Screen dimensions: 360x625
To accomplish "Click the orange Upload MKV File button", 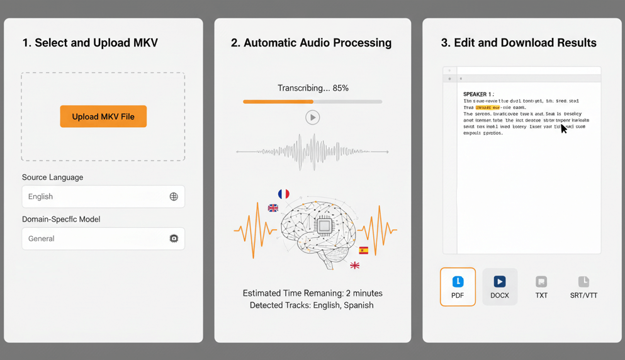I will (103, 116).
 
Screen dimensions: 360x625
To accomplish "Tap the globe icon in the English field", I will (174, 197).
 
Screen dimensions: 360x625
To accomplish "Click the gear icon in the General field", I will (174, 239).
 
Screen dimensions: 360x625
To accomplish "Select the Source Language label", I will (52, 177).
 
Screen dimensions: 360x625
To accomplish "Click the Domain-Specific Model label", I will (61, 219).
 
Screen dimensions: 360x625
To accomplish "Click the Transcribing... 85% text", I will (313, 88).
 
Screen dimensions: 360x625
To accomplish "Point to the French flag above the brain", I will (284, 194).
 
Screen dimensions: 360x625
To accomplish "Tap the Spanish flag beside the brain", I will (364, 250).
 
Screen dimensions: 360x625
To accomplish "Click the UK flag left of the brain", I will (273, 208).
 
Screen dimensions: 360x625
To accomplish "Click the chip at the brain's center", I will (324, 225).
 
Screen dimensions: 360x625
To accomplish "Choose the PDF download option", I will (458, 287).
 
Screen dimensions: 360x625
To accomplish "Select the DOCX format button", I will (500, 287).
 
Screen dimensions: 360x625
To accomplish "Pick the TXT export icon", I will (541, 287).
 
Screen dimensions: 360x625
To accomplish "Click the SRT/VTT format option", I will (583, 287).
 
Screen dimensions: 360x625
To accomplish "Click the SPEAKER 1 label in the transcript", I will (478, 94).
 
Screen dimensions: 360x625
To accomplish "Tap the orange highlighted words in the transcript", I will (488, 108).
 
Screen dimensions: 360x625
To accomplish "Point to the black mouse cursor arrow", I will (563, 128).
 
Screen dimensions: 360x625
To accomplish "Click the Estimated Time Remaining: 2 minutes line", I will (312, 293).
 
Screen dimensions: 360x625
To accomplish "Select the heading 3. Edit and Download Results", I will (518, 43).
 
